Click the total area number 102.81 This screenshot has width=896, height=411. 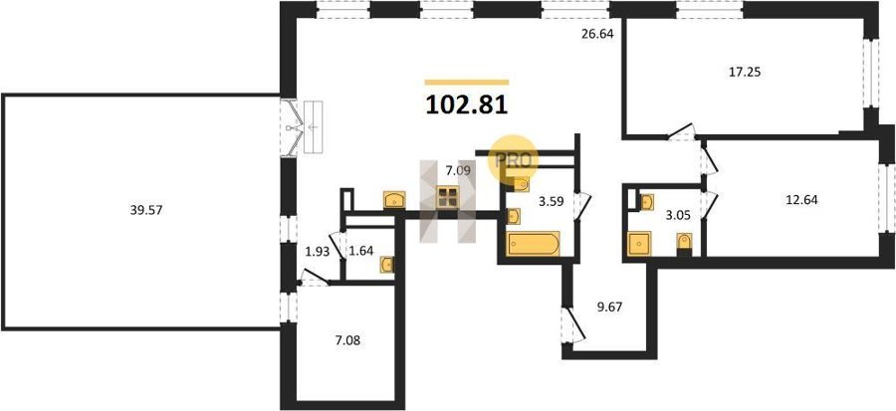tap(467, 105)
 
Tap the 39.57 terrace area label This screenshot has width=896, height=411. tap(147, 210)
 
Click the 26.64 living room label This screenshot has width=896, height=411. tap(597, 34)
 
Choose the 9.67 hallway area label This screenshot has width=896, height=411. tap(609, 308)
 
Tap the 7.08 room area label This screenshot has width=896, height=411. tap(347, 341)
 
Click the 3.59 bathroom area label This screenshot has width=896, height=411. tap(553, 200)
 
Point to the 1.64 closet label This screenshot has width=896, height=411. tap(361, 252)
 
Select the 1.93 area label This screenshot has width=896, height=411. tap(318, 252)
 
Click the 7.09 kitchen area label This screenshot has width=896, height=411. tap(459, 169)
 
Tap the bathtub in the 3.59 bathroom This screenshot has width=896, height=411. tap(533, 244)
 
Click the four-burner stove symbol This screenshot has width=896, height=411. tap(447, 197)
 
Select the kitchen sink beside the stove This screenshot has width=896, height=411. tap(394, 200)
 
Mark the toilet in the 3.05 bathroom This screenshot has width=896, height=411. tap(684, 242)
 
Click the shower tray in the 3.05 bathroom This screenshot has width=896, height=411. tap(639, 244)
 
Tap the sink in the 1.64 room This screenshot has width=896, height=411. tap(387, 265)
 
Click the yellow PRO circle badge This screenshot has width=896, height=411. tap(513, 159)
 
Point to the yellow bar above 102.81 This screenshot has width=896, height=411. tap(467, 83)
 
